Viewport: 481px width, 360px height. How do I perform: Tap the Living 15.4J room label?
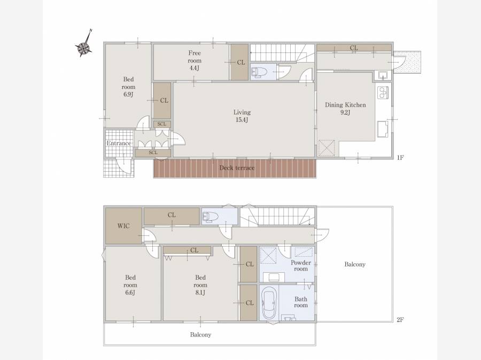click(x=242, y=116)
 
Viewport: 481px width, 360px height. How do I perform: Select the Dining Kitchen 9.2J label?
click(x=345, y=109)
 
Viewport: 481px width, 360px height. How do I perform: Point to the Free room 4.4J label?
click(x=195, y=60)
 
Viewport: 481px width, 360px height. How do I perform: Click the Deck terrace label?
click(x=237, y=168)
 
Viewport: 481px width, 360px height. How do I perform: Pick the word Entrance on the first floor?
click(x=119, y=143)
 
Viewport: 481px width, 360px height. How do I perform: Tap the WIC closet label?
click(x=123, y=226)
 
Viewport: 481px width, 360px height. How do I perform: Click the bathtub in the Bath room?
click(x=269, y=303)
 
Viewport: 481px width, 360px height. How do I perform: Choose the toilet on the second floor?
click(x=211, y=217)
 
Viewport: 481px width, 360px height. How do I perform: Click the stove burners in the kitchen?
click(x=383, y=93)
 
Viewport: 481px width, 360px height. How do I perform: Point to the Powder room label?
click(x=300, y=266)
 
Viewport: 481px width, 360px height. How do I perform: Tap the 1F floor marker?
click(x=400, y=158)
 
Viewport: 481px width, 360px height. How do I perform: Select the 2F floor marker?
click(x=400, y=320)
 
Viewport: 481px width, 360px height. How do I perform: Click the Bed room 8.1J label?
click(x=200, y=285)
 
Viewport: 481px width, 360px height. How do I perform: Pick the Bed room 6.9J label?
click(x=128, y=87)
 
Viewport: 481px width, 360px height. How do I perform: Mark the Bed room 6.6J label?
click(x=130, y=285)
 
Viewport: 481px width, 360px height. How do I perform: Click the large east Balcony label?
click(x=355, y=264)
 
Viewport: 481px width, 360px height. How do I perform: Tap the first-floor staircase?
click(x=283, y=52)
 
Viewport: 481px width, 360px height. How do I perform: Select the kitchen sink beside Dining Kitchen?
click(x=383, y=76)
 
